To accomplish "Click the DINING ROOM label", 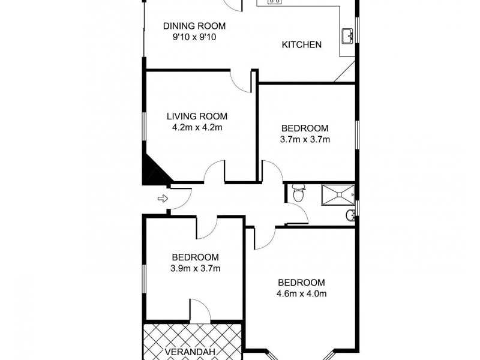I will coord(194,26).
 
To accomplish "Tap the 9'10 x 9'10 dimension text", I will coord(194,37).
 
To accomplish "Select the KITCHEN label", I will coord(302,44).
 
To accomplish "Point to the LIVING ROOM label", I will coord(197,116).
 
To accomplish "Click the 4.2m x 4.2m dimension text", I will coord(197,127).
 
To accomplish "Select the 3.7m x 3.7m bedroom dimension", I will coord(305,139).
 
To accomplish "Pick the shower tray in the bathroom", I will coord(338,193).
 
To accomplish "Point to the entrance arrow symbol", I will coord(161,198).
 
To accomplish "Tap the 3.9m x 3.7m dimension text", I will coord(195,268).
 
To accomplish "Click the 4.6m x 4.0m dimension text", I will coord(301,294).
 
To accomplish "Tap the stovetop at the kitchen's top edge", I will coord(273,2).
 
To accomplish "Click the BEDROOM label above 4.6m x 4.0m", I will coord(301,283).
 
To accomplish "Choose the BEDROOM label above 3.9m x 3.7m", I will coord(195,257).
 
